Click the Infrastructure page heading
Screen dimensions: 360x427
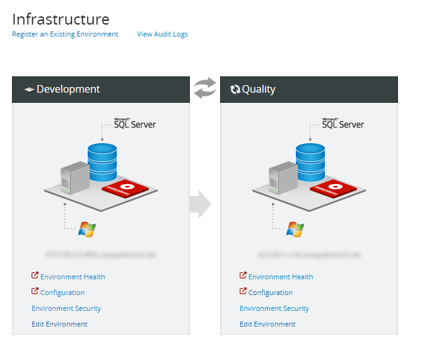61,20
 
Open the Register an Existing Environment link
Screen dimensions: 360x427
65,34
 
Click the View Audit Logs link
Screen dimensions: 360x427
162,34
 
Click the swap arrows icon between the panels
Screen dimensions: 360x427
205,88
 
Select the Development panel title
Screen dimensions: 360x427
67,90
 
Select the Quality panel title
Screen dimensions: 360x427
259,90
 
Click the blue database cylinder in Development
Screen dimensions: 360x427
102,162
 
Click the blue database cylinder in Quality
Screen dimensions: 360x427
310,162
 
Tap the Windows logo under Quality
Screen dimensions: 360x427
295,229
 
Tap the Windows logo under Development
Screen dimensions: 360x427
86,229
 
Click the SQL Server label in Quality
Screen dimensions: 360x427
342,124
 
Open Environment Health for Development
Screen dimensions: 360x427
73,277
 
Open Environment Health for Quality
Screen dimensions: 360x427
281,277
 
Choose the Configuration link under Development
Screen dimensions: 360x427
62,293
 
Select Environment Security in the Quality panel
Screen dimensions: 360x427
274,308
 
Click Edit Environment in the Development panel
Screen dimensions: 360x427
59,324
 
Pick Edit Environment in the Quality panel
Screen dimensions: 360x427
267,324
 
